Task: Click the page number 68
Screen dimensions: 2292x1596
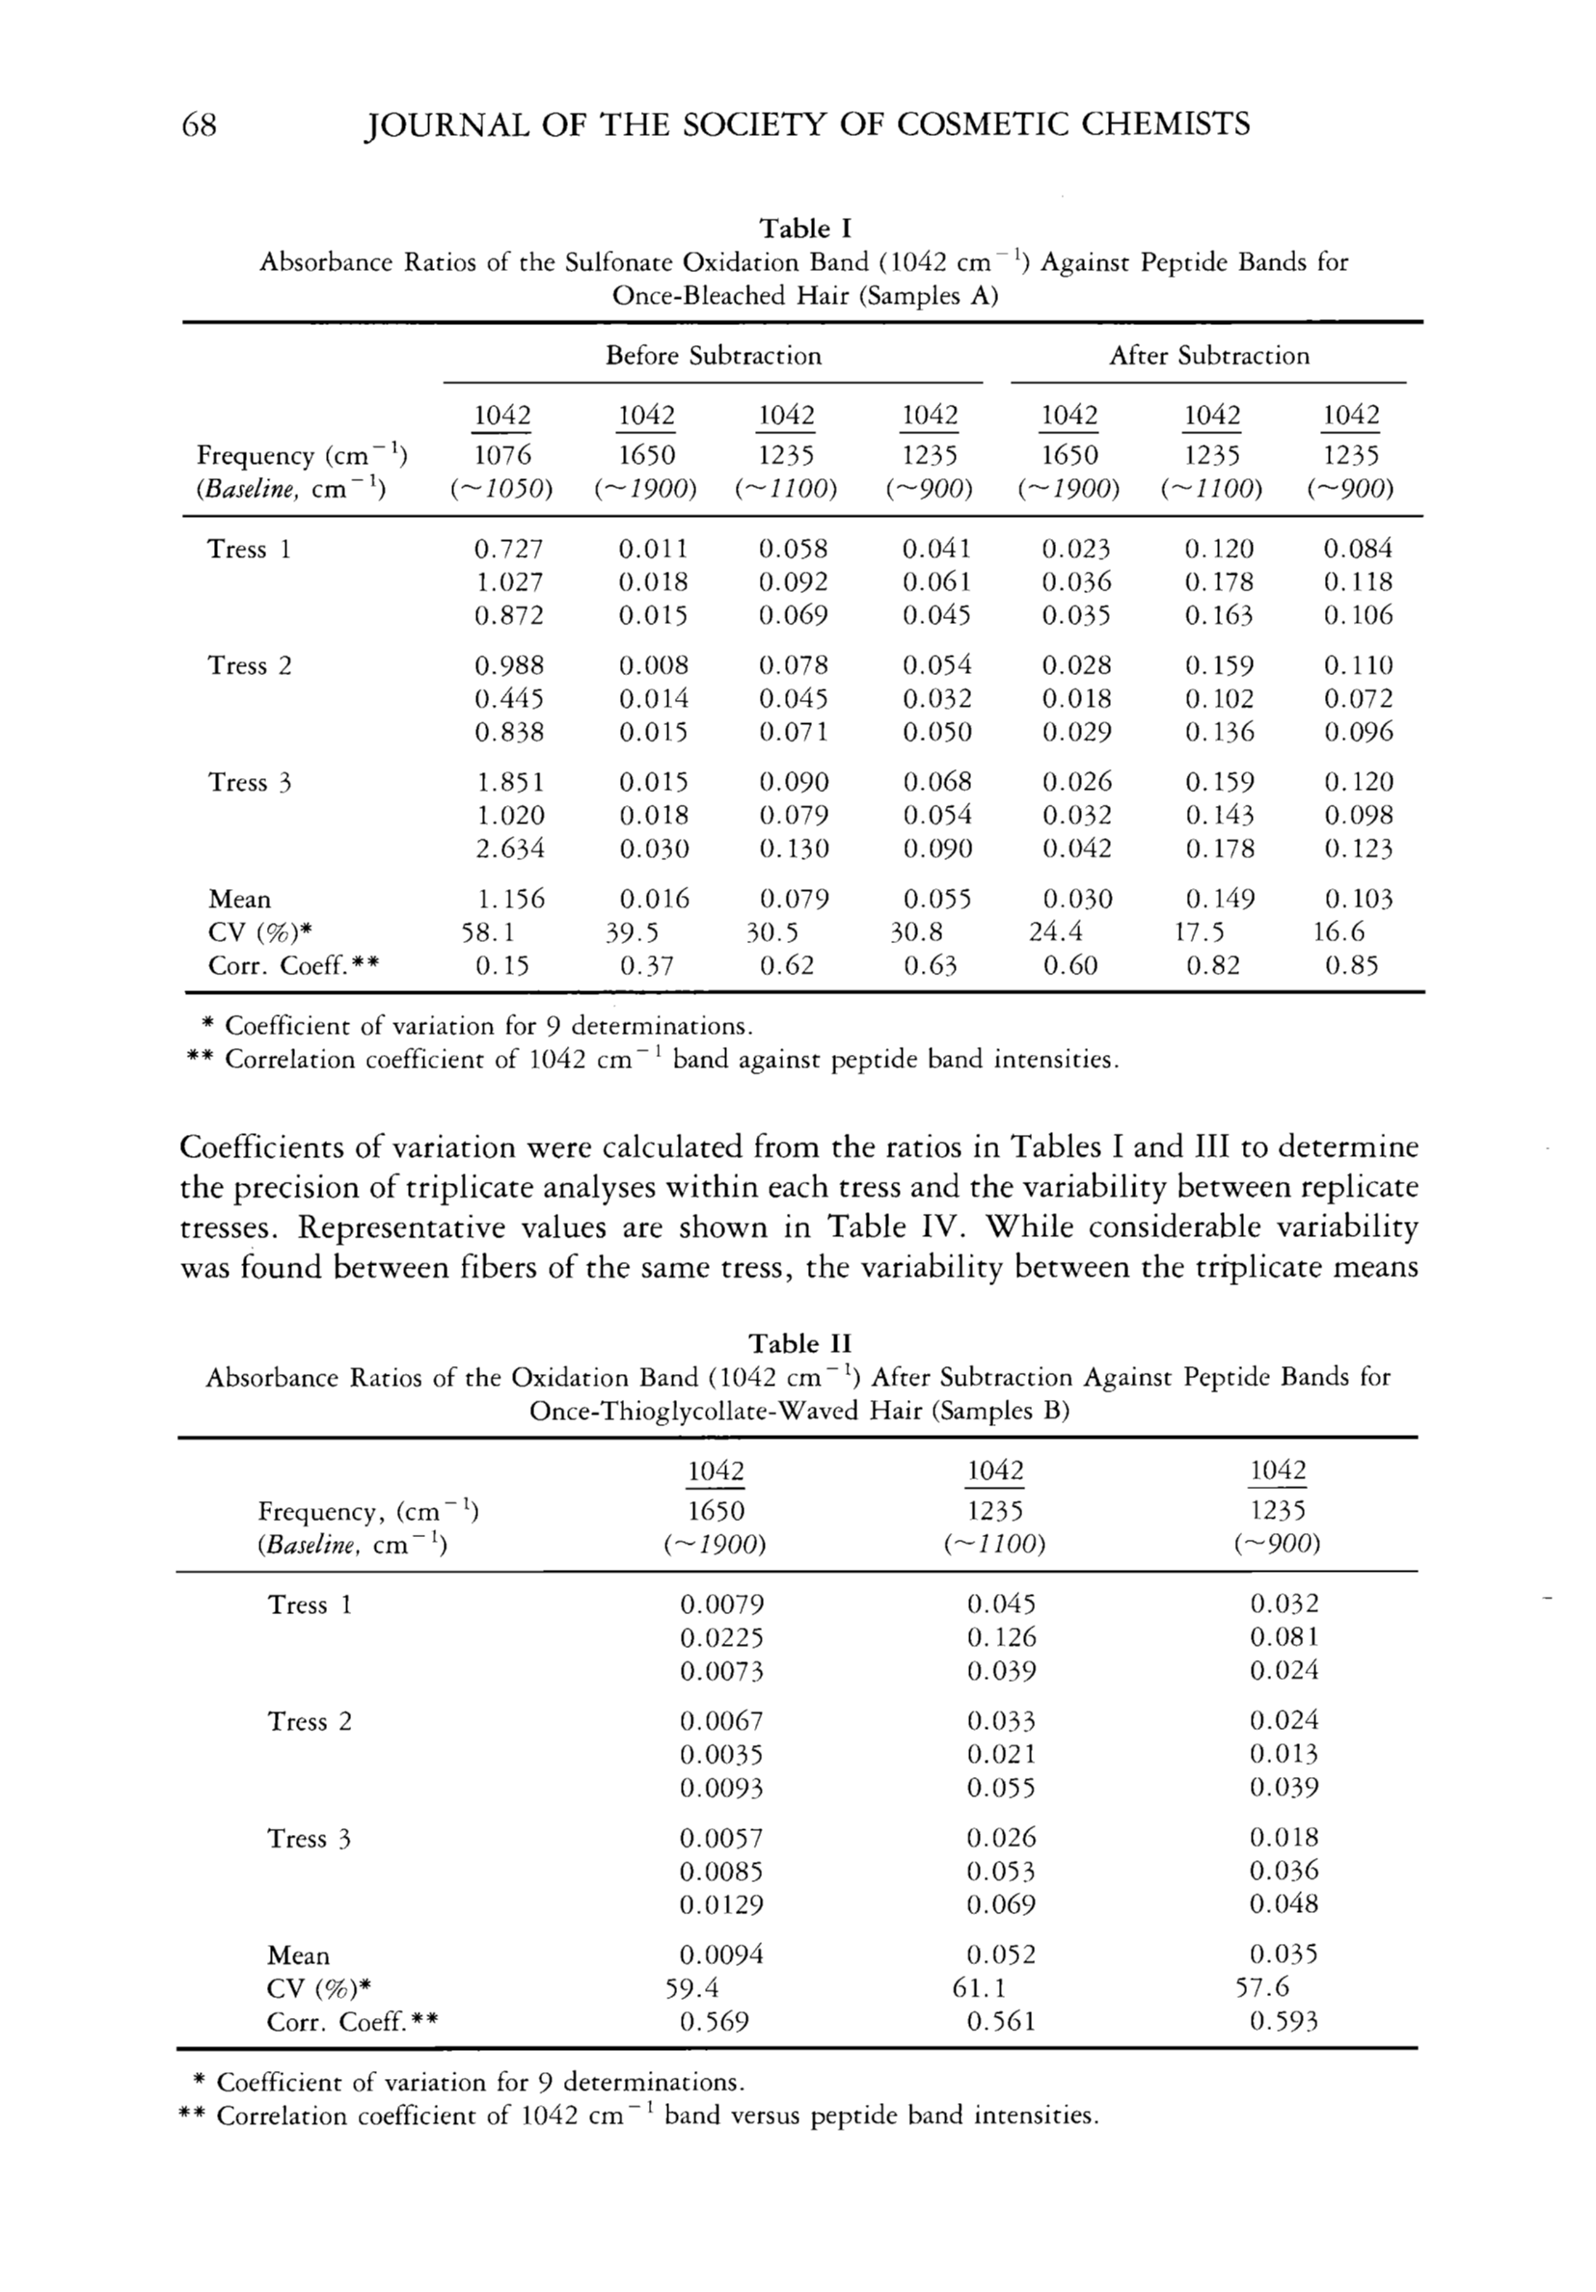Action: [200, 124]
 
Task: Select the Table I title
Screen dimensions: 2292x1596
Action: [804, 229]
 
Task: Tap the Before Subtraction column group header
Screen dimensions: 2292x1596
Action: [714, 357]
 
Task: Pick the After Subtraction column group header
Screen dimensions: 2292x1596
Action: [1208, 357]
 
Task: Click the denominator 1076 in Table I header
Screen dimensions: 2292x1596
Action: [502, 455]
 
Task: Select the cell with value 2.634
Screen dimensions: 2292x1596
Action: [509, 849]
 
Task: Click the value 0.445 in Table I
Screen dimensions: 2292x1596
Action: [509, 699]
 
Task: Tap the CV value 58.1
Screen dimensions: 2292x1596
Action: [488, 932]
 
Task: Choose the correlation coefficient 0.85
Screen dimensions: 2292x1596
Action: [1350, 965]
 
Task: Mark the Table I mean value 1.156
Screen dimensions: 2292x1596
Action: [509, 900]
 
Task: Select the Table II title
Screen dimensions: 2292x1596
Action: [800, 1342]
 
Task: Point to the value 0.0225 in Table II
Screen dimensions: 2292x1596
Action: [721, 1637]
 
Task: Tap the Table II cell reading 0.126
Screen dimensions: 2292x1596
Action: [1001, 1637]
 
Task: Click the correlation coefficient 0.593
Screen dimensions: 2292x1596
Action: [1284, 2021]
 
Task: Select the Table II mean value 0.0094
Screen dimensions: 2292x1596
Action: [721, 1955]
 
